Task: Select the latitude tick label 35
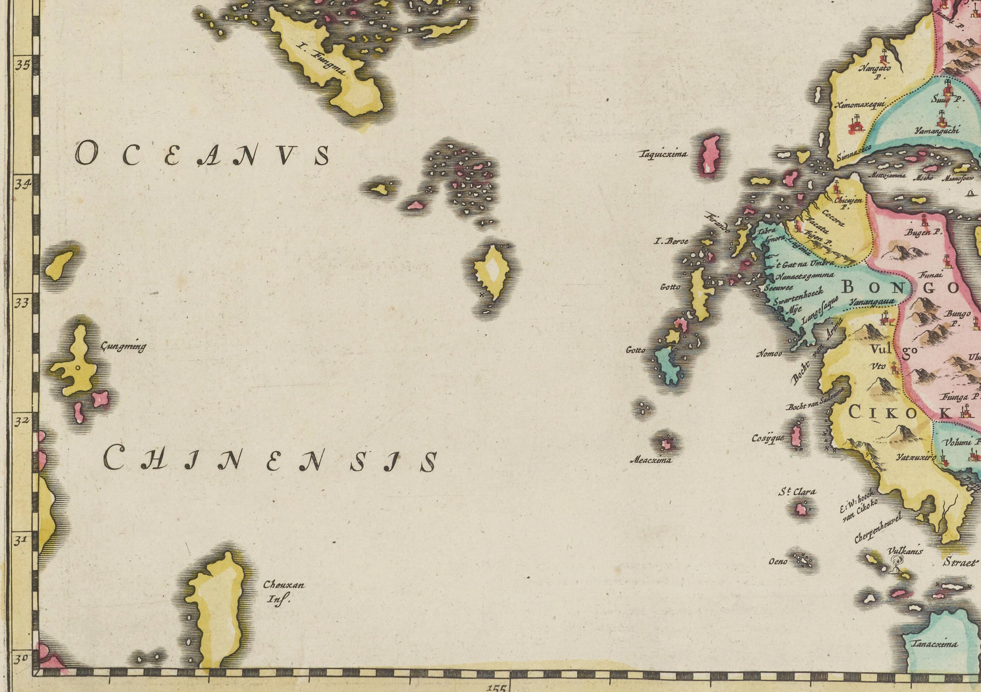(x=23, y=65)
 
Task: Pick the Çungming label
(x=123, y=346)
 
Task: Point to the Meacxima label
(x=651, y=460)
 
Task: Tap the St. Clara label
(x=797, y=492)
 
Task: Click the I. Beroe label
(x=671, y=241)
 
